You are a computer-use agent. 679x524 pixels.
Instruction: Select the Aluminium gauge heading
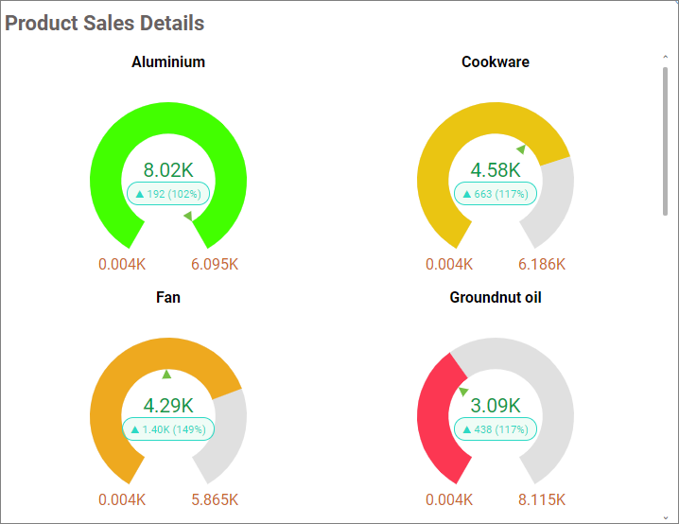point(168,62)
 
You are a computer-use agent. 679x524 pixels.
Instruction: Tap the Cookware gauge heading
point(496,62)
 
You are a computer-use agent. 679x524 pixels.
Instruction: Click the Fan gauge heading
point(168,298)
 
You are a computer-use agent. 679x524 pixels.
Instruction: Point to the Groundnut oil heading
point(496,298)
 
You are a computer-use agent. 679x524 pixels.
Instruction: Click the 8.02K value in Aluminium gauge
point(168,170)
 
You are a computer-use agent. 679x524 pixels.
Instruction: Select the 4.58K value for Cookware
point(496,170)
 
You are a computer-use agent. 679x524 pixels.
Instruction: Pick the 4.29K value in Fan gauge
point(168,406)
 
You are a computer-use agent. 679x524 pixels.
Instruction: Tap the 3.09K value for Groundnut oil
point(496,406)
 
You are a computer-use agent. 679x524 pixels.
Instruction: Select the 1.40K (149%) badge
point(169,429)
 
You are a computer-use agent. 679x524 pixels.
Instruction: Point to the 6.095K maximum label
point(215,264)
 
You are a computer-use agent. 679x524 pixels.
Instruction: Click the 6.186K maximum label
point(542,264)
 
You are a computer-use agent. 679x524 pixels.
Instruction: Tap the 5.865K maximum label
point(215,499)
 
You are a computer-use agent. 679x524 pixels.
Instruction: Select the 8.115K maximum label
point(542,499)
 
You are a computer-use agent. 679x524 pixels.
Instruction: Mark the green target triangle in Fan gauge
point(167,375)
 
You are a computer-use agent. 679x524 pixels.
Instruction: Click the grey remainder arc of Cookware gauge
point(555,199)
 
